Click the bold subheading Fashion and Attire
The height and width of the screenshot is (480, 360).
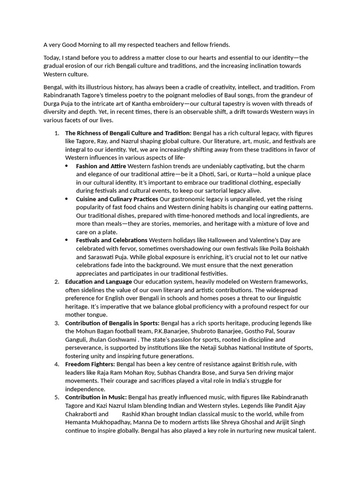click(x=101, y=166)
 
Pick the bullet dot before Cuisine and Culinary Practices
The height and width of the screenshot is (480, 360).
click(x=67, y=199)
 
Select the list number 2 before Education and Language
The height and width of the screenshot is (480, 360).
click(x=56, y=282)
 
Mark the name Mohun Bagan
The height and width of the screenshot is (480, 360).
click(x=95, y=331)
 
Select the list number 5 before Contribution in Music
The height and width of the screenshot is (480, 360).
click(x=56, y=397)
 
